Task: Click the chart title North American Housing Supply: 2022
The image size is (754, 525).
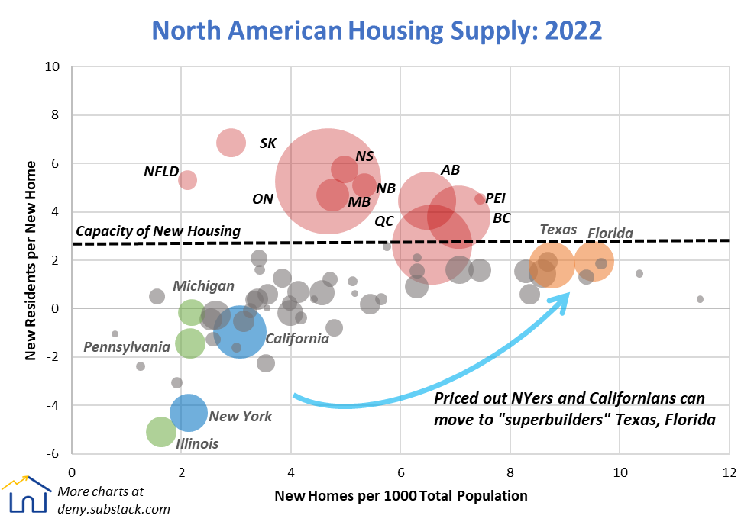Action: click(377, 30)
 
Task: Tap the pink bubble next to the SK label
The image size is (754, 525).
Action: click(231, 142)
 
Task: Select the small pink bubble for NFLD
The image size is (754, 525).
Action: click(188, 180)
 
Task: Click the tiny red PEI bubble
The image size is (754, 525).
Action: click(480, 198)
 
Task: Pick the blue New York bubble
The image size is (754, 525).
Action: click(188, 412)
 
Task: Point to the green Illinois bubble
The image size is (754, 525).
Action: click(161, 432)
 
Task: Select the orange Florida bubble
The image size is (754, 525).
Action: click(594, 261)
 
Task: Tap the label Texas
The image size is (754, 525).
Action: click(558, 230)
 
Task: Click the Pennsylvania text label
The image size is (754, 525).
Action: click(127, 347)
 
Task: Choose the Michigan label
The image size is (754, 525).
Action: click(203, 286)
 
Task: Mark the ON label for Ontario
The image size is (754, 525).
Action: click(263, 199)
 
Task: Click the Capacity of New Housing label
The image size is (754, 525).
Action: click(158, 231)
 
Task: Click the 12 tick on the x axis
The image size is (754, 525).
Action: click(729, 472)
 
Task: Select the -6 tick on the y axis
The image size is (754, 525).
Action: click(55, 453)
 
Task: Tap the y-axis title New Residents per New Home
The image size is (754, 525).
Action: click(31, 260)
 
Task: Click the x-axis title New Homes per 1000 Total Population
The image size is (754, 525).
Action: click(400, 496)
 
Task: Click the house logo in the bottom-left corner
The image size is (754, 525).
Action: click(24, 495)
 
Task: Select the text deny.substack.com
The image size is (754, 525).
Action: click(114, 509)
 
